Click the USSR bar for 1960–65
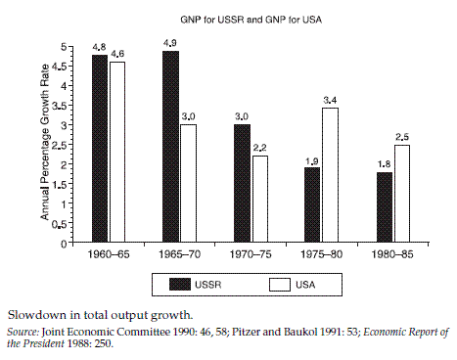pos(100,147)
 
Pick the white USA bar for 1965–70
pos(189,182)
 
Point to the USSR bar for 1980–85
pos(385,205)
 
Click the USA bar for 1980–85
pos(402,192)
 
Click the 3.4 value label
pos(331,99)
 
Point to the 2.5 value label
pos(402,136)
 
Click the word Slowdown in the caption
pos(35,315)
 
